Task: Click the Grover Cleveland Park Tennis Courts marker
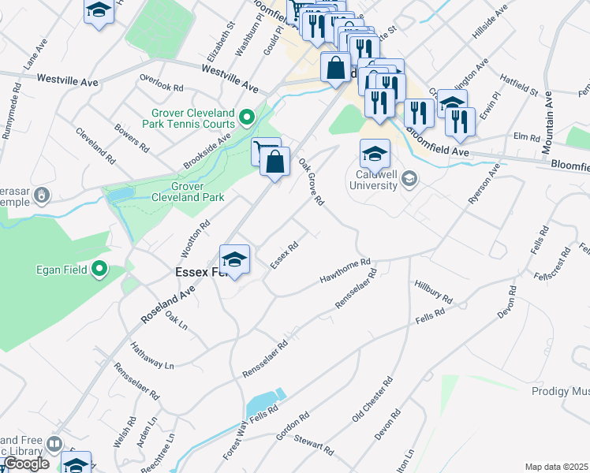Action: (247, 118)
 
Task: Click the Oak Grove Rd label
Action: (312, 181)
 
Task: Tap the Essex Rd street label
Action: (284, 255)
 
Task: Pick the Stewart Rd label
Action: (316, 446)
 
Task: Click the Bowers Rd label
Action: (131, 137)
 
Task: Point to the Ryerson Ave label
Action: (484, 186)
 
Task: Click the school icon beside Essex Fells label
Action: (234, 259)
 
